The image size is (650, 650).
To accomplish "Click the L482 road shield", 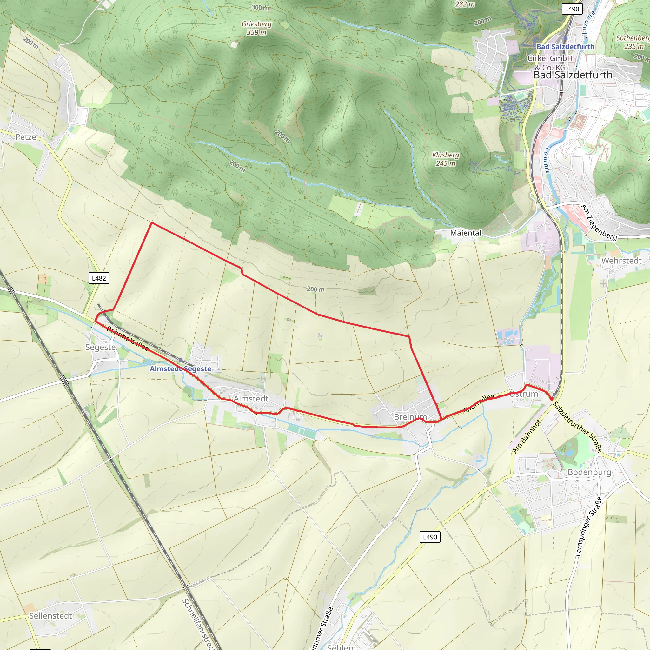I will pyautogui.click(x=99, y=278).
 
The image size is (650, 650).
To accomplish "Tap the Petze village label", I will pyautogui.click(x=26, y=137).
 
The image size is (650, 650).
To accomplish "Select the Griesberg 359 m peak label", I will pyautogui.click(x=256, y=28).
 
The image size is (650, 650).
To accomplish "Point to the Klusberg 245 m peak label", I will pyautogui.click(x=445, y=159).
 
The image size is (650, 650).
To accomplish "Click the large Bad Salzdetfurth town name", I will pyautogui.click(x=573, y=75).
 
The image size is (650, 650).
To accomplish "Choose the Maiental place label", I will pyautogui.click(x=466, y=233).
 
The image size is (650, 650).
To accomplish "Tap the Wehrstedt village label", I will pyautogui.click(x=621, y=261).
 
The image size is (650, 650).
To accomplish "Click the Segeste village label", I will pyautogui.click(x=100, y=347).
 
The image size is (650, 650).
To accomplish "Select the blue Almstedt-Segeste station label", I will pyautogui.click(x=180, y=369).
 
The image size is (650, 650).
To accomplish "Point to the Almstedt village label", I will pyautogui.click(x=251, y=399).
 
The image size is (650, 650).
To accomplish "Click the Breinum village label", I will pyautogui.click(x=410, y=417).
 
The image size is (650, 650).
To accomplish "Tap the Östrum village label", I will pyautogui.click(x=523, y=394).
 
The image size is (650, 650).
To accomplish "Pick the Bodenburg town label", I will pyautogui.click(x=589, y=472).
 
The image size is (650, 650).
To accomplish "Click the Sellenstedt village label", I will pyautogui.click(x=50, y=616).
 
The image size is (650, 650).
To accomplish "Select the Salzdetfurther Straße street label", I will pyautogui.click(x=577, y=427).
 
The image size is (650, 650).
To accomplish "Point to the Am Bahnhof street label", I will pyautogui.click(x=527, y=436).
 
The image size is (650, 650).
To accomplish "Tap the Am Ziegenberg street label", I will pyautogui.click(x=599, y=222).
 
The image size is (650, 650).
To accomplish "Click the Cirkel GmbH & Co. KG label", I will pyautogui.click(x=550, y=63).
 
